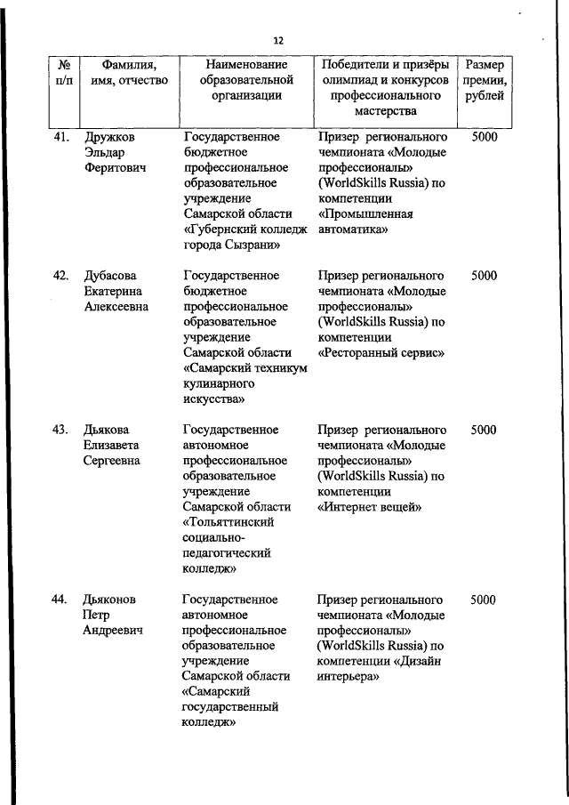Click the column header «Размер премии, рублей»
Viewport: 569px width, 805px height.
(485, 80)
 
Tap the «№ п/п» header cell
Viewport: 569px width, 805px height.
(64, 72)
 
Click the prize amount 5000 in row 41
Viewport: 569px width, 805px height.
(484, 137)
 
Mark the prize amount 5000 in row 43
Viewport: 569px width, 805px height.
(484, 430)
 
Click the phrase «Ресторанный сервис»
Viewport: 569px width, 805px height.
(381, 353)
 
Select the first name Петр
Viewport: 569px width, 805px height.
(97, 615)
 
